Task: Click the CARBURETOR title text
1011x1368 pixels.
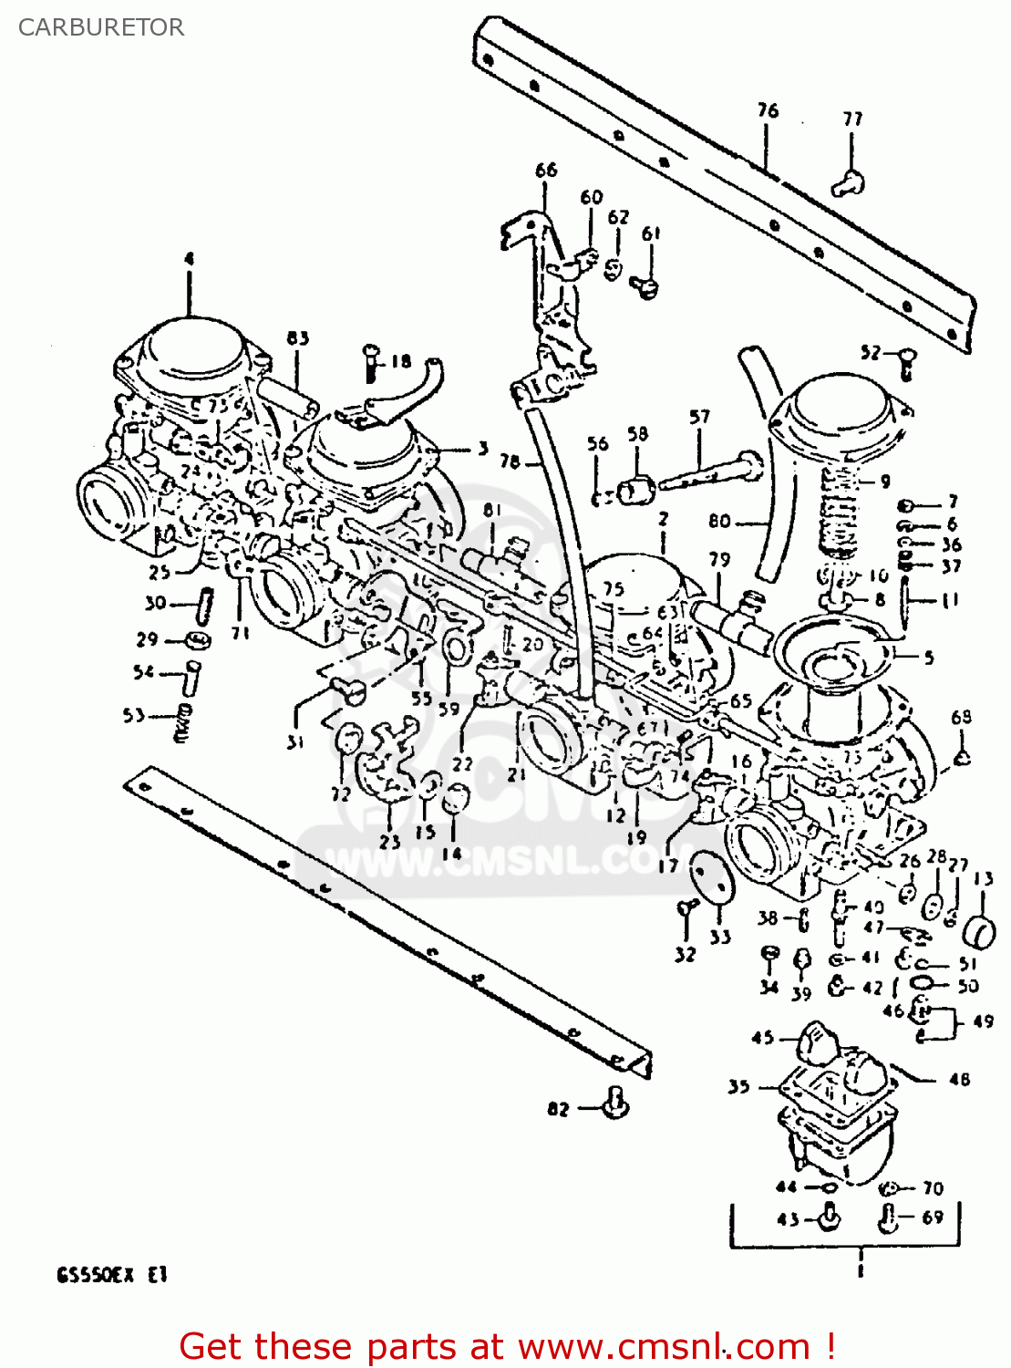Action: coord(101,27)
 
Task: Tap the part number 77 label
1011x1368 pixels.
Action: coord(852,119)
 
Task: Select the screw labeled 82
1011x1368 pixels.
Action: coord(617,1103)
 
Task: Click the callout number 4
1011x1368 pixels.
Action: coord(189,259)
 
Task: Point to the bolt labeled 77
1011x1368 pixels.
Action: coord(848,183)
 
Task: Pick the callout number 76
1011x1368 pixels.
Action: coord(768,110)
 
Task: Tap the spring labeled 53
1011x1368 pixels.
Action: coord(183,720)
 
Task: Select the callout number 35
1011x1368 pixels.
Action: coord(738,1086)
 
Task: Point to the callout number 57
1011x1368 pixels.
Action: coord(699,417)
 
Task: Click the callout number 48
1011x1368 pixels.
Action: coord(959,1079)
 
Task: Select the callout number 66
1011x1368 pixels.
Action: coord(545,170)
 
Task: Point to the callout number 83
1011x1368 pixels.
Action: coord(297,338)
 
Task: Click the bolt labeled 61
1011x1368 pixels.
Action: coord(649,287)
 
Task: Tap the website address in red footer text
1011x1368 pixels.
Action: coord(665,1346)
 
